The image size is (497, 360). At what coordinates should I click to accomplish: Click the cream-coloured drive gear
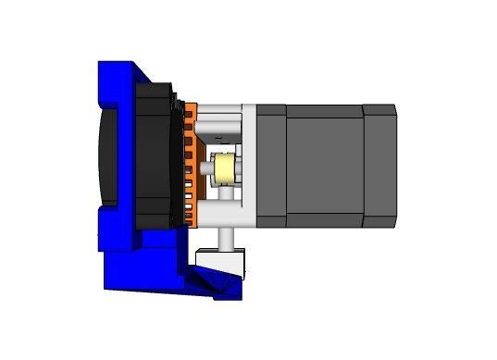click(223, 169)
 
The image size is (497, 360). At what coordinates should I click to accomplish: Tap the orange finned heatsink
click(190, 167)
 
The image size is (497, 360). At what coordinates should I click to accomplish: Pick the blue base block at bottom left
click(130, 268)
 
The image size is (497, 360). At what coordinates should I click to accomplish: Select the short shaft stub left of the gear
click(207, 169)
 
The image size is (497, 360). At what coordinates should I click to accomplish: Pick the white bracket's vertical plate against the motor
click(248, 167)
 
